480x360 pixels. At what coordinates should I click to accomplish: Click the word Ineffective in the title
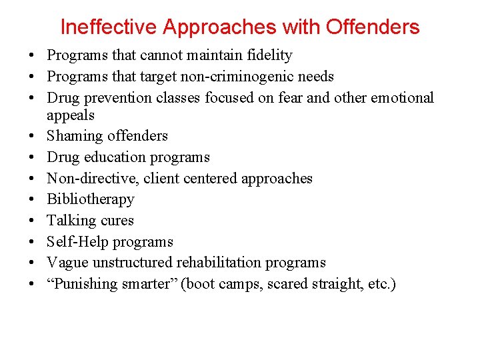tap(109, 27)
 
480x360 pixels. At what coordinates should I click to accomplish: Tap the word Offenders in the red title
tap(372, 27)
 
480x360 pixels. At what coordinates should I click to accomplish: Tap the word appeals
tap(71, 115)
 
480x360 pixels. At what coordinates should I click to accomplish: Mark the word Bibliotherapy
tap(91, 199)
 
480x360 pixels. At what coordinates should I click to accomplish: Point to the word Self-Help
tap(76, 242)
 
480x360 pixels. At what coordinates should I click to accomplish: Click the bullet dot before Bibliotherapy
tap(32, 200)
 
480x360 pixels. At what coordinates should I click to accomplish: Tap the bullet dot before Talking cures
tap(32, 221)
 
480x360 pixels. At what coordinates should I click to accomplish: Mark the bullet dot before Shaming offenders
tap(32, 137)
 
